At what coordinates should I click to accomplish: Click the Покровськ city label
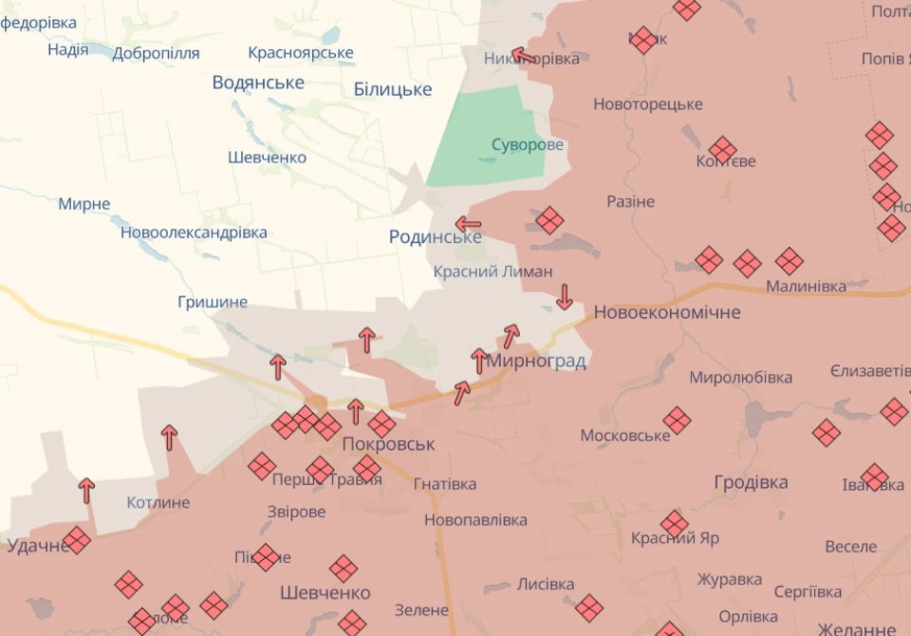coord(388,444)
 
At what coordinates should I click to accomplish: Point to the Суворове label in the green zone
coord(527,145)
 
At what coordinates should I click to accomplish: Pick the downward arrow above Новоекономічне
coord(564,297)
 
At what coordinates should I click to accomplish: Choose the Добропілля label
coord(156,53)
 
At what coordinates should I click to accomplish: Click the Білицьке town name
coord(392,89)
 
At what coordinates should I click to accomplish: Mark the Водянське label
coord(258,83)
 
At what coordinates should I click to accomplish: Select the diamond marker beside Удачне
coord(77,540)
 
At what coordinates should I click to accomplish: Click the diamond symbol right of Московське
coord(677,420)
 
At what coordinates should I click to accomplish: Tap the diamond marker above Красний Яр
coord(675,523)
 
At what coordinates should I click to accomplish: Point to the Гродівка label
coord(751,482)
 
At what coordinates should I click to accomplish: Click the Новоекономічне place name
coord(667,312)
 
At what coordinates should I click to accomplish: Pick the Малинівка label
coord(806,286)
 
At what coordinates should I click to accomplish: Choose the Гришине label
coord(212,302)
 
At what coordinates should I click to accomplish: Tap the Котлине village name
coord(158,502)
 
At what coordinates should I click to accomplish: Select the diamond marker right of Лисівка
coord(589,607)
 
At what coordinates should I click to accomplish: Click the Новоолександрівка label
coord(194,233)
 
